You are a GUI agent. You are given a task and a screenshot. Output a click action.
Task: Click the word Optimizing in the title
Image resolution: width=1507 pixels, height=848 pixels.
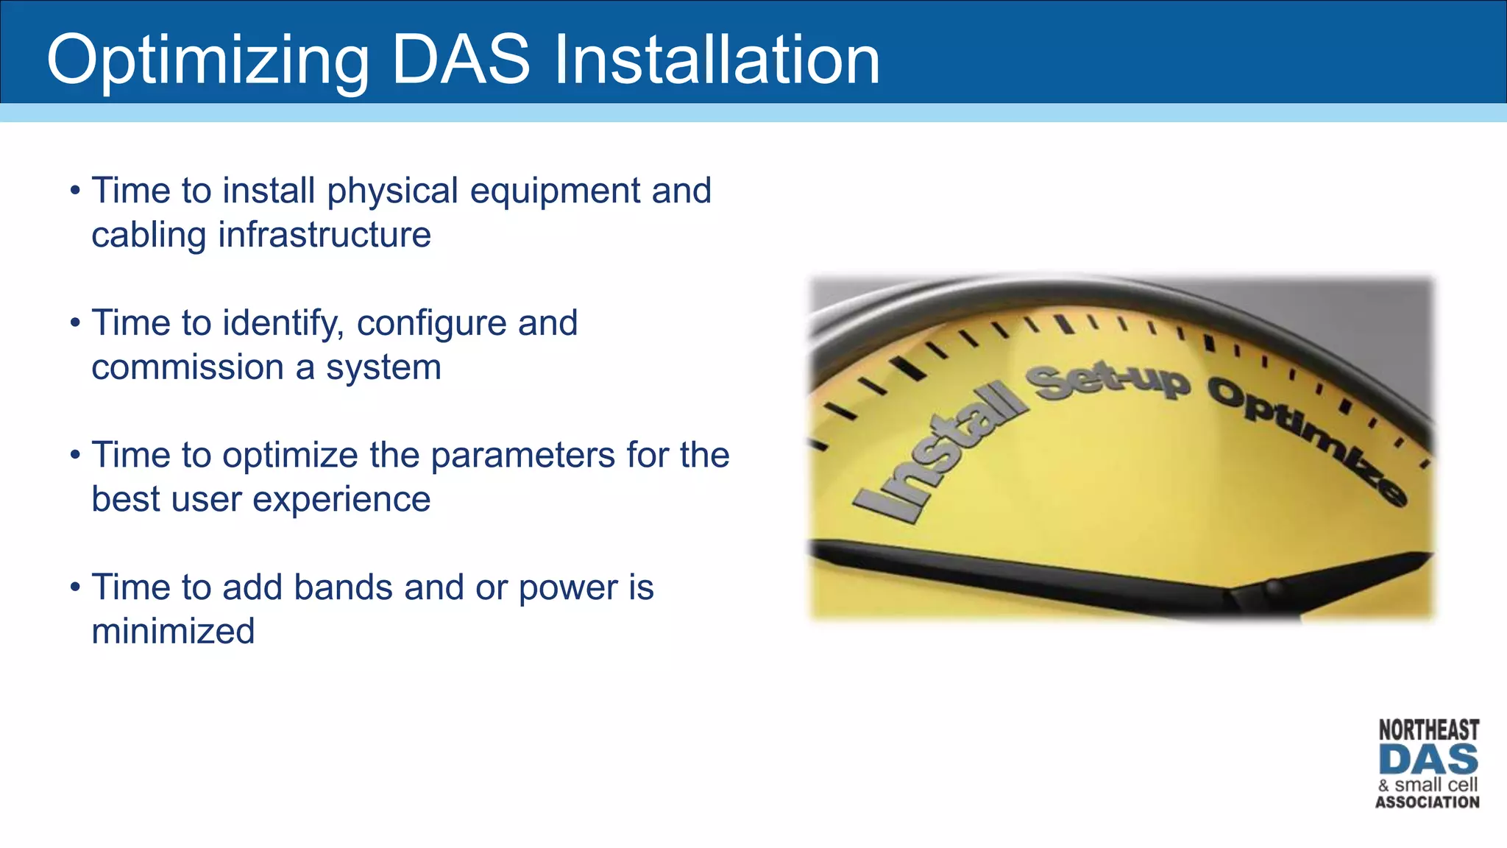208,60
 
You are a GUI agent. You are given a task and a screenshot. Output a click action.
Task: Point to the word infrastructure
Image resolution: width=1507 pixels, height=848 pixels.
324,236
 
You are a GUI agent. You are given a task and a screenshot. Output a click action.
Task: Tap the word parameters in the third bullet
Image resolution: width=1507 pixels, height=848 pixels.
523,456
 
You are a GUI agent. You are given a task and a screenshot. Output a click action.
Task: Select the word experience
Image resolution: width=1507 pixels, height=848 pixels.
341,500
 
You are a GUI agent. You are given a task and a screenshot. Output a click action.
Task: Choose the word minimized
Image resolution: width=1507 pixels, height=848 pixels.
173,632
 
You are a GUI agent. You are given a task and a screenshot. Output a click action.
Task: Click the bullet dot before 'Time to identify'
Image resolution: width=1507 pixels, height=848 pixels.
75,323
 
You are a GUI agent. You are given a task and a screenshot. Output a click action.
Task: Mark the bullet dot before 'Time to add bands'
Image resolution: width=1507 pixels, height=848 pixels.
75,588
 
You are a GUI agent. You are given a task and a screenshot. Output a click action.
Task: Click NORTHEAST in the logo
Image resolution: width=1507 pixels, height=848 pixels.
1428,730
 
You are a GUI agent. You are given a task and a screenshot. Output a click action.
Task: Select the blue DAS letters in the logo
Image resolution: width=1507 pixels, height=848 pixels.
1428,760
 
